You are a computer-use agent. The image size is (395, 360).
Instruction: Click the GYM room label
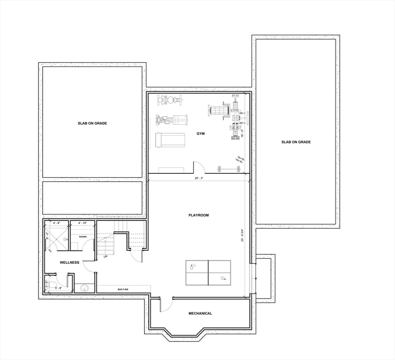pos(201,134)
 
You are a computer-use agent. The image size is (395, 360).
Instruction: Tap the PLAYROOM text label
pos(198,215)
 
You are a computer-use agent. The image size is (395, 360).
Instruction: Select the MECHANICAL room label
pos(200,314)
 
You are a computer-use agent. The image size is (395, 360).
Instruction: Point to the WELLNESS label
pos(69,262)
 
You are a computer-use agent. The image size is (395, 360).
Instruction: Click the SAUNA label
pos(83,236)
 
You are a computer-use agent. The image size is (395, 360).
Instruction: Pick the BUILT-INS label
pos(123,290)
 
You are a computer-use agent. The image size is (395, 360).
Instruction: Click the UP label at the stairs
pos(106,257)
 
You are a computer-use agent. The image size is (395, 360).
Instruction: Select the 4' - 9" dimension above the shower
pos(57,223)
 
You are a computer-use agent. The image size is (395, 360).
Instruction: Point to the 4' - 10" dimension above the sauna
pos(83,223)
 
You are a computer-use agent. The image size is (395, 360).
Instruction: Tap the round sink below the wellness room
pos(85,287)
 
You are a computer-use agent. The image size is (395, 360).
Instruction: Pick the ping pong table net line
pos(208,273)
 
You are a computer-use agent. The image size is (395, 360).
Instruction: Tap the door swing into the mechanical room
pos(166,305)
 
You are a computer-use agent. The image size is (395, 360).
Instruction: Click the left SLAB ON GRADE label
pos(92,123)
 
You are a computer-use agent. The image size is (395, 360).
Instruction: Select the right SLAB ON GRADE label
pos(296,142)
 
